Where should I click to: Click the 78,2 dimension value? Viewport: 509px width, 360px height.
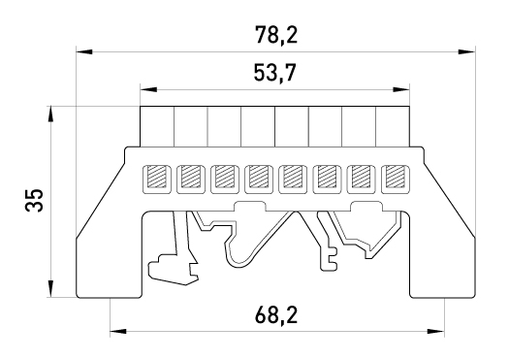coord(276,35)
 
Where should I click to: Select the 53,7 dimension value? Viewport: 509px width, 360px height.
coord(275,73)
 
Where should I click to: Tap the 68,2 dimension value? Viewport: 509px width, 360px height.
coord(276,314)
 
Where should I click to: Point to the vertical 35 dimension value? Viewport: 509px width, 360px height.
coord(34,200)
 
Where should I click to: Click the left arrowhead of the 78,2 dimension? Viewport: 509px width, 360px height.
coord(84,51)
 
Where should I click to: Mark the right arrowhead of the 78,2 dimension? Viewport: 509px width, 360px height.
coord(467,51)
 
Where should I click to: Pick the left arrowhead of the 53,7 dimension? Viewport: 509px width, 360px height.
coord(148,89)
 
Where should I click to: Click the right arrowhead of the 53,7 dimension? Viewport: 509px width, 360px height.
coord(401,89)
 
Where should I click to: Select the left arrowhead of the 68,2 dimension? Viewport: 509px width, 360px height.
coord(118,332)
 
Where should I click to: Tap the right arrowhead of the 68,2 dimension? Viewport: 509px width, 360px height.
coord(436,332)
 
